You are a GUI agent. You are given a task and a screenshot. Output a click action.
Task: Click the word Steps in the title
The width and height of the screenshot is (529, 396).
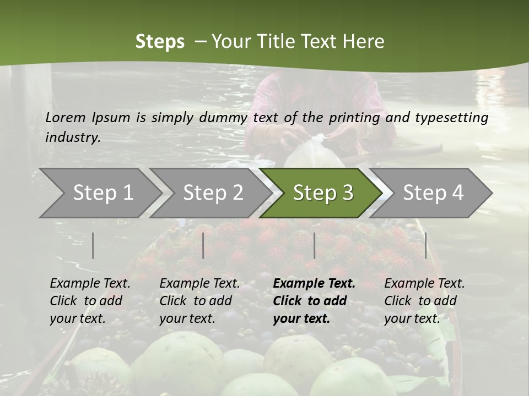(160, 41)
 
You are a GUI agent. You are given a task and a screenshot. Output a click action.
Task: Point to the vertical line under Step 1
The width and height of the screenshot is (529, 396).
(93, 245)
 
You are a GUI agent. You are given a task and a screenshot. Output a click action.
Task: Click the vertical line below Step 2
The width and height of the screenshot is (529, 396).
(203, 245)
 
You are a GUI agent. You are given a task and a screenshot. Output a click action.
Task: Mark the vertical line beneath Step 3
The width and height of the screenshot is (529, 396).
(314, 245)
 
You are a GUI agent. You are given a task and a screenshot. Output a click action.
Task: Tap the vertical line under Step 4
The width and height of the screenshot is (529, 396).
(425, 245)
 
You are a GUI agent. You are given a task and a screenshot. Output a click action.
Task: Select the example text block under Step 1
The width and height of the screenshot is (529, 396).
(90, 301)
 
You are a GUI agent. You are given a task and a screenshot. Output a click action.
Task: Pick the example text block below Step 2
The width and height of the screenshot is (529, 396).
(199, 301)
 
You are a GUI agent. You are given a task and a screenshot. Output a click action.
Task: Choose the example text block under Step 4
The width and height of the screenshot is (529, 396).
(424, 301)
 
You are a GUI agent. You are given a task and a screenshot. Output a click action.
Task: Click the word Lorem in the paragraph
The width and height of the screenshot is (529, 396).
(66, 117)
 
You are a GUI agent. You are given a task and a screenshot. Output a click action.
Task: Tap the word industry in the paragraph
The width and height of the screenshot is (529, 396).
(72, 137)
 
